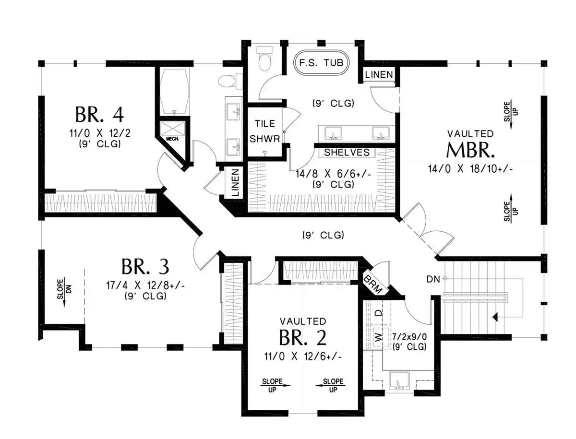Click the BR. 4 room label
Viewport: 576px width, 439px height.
tap(99, 115)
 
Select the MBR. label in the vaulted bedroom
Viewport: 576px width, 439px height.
tap(470, 150)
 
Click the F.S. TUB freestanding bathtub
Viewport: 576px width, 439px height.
tap(321, 63)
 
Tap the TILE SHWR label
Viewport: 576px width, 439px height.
tap(264, 131)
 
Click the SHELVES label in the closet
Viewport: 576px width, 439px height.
tap(347, 153)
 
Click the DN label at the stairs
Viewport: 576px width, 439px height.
tap(433, 279)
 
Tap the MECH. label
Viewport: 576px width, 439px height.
tap(172, 139)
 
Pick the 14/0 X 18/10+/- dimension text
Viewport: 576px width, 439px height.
tap(470, 169)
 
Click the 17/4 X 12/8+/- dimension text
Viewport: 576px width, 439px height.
tap(145, 285)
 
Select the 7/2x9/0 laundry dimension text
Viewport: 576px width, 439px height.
tap(409, 336)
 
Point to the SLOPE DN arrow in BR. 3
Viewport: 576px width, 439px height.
tap(64, 292)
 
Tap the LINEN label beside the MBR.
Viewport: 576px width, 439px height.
tap(379, 75)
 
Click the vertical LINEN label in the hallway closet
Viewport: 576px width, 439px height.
tap(235, 182)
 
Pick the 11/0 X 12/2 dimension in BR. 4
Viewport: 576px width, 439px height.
tap(100, 133)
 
